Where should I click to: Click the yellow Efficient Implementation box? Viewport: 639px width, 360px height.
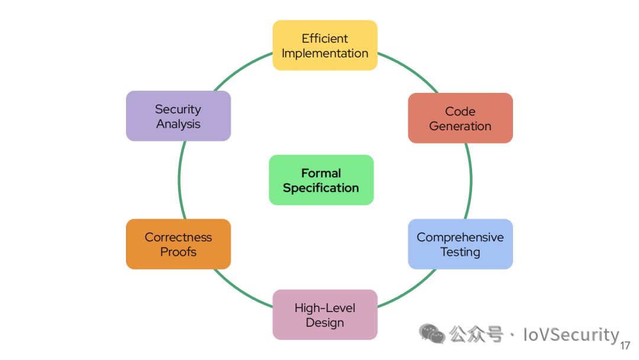pos(325,45)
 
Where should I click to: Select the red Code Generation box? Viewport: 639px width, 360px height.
pos(460,118)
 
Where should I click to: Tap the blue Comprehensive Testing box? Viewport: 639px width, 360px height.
pos(460,244)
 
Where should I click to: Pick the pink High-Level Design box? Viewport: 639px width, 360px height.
pos(325,315)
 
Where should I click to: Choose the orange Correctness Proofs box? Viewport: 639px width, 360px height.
pos(179,244)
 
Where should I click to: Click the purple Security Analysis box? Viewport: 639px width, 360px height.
pos(179,116)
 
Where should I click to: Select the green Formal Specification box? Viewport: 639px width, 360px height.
pos(321,180)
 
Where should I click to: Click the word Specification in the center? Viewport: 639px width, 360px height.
pos(321,188)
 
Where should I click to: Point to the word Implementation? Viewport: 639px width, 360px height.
pos(325,53)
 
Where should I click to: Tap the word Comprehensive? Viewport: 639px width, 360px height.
pos(460,237)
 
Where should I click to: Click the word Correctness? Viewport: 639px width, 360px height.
pos(179,237)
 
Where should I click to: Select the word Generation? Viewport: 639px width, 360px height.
pos(460,126)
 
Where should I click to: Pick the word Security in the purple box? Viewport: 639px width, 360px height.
pos(178,110)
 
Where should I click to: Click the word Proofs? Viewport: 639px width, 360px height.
pos(179,252)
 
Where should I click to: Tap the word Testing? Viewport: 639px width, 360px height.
pos(460,252)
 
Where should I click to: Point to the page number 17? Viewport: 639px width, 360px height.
pos(625,346)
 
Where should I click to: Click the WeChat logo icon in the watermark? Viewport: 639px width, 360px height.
pos(431,334)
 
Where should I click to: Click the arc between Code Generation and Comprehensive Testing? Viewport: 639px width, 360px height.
pos(471,181)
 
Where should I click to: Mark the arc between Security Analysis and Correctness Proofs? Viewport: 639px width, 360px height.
pos(179,180)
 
